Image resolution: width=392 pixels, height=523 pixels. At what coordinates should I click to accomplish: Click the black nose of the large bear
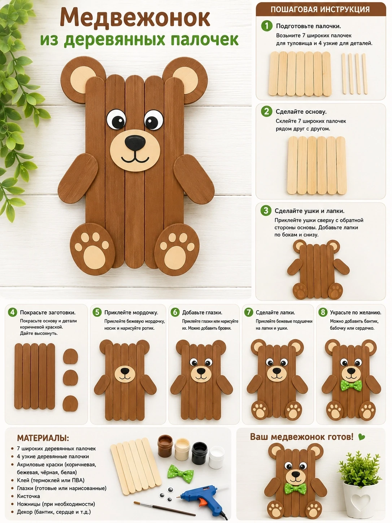coord(135,143)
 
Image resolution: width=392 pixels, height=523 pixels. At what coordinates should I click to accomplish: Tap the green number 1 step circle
coord(267,26)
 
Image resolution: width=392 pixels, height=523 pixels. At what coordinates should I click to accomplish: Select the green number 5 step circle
coord(97,312)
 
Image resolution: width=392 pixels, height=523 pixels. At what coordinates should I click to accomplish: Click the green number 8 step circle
coord(322,312)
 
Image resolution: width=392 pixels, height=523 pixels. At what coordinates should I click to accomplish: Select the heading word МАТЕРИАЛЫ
coord(43,438)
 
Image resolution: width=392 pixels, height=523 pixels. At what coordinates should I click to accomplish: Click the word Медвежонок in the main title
coord(135,18)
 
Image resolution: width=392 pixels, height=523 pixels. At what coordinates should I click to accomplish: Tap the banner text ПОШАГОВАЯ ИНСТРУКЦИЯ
coord(320,9)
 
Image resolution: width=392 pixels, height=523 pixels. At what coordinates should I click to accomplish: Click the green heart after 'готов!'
coord(361,437)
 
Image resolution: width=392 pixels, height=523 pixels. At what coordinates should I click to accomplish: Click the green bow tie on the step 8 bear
coord(351,385)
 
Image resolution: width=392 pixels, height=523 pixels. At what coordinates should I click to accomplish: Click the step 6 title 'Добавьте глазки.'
coord(202,312)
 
